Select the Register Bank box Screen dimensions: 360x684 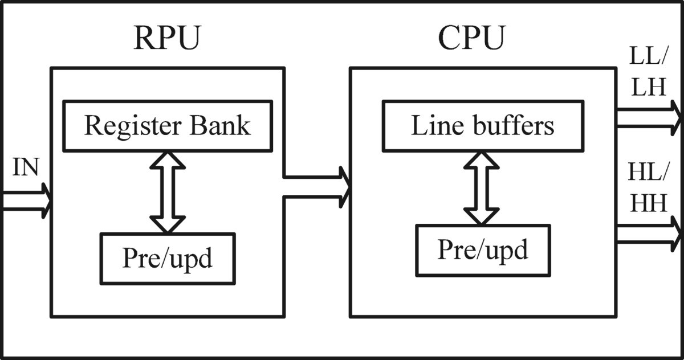(167, 126)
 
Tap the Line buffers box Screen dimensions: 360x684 (482, 126)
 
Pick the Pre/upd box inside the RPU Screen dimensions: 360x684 (167, 259)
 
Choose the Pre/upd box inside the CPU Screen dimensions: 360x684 (482, 250)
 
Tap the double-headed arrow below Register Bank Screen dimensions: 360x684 (168, 192)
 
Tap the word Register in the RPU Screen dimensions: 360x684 (135, 126)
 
